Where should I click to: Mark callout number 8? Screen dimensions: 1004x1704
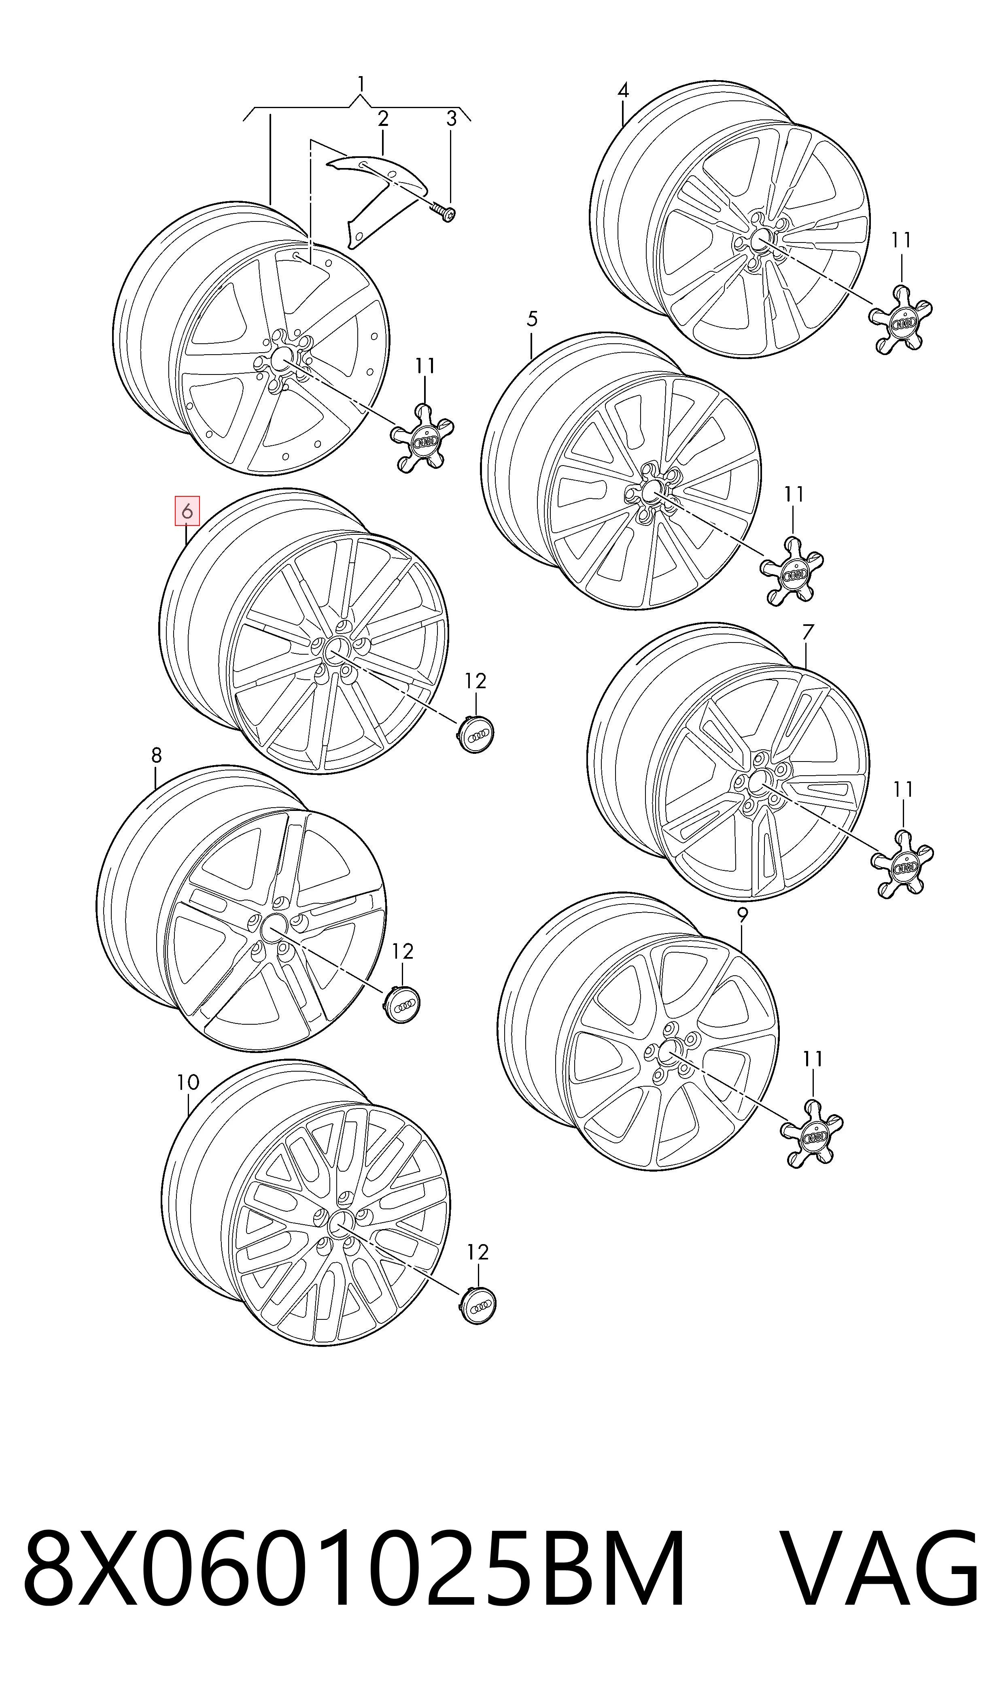click(x=156, y=755)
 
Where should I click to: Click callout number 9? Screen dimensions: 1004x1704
click(x=742, y=915)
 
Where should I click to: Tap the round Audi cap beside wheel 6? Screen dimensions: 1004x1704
click(x=475, y=732)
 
